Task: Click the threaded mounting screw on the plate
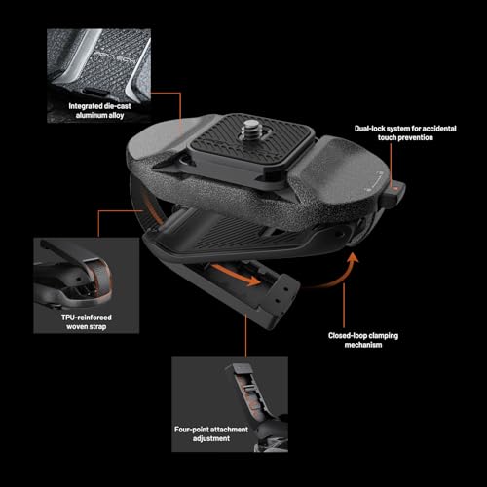(x=251, y=129)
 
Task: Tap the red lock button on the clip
(x=394, y=188)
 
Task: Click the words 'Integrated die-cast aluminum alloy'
(x=99, y=111)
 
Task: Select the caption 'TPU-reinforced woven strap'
(x=87, y=322)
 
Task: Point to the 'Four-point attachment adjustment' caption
(x=211, y=433)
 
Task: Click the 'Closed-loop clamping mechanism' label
(x=363, y=340)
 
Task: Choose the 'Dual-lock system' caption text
(x=405, y=132)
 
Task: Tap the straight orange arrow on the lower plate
(x=237, y=275)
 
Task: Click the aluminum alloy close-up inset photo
(x=98, y=76)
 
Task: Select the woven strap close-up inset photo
(x=87, y=285)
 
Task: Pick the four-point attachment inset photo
(x=230, y=404)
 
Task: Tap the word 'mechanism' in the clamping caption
(x=363, y=345)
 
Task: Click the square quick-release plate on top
(x=251, y=139)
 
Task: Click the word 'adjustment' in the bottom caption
(x=211, y=438)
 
